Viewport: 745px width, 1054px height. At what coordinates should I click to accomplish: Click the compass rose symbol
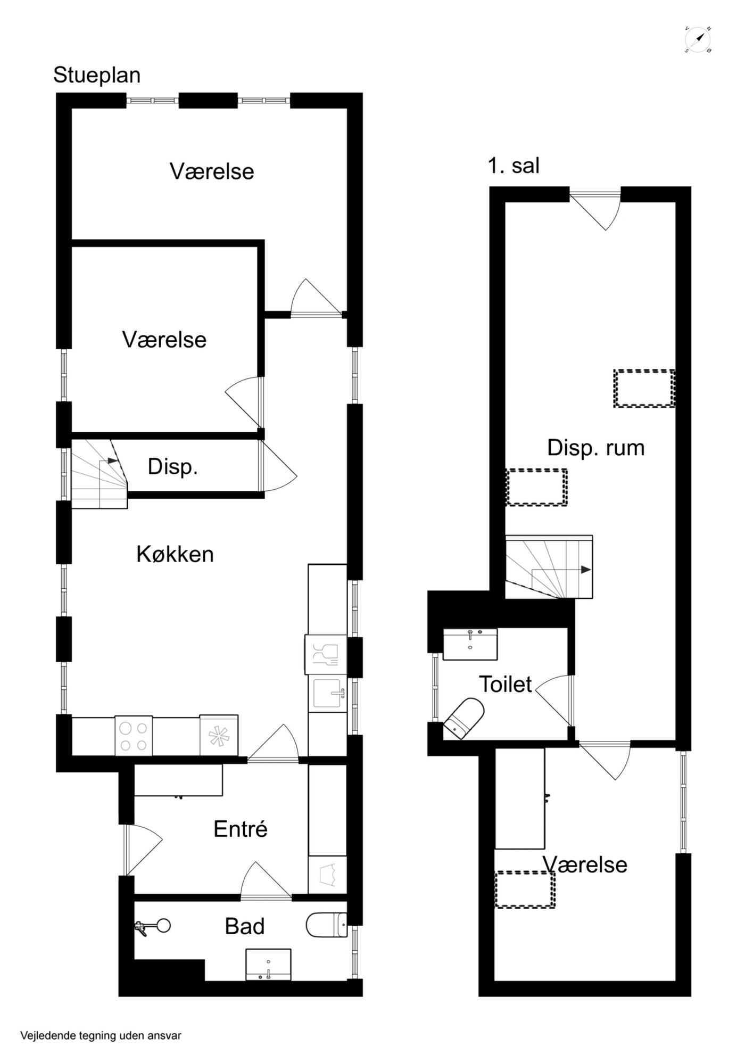698,39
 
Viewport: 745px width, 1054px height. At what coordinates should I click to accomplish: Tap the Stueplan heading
97,75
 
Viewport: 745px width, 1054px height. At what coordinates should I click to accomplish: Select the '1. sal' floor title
514,166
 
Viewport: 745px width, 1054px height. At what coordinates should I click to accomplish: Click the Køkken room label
175,554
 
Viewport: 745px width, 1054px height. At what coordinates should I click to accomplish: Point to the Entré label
241,829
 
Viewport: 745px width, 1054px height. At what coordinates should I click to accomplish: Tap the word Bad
245,926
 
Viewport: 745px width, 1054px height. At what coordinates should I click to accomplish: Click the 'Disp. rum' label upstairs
596,448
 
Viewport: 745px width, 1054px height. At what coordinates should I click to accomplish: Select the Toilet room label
506,685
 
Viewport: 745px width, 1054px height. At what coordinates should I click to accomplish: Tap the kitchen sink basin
327,694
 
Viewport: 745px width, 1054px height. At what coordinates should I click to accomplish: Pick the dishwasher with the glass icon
326,654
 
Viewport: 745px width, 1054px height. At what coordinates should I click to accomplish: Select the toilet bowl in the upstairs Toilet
464,719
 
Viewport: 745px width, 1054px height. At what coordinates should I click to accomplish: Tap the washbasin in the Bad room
268,964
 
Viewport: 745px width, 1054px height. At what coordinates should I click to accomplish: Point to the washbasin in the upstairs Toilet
470,644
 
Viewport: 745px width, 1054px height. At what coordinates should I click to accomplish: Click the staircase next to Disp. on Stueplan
100,474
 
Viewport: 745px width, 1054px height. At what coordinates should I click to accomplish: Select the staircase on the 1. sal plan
549,567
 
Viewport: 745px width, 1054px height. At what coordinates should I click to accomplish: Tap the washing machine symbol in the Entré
327,875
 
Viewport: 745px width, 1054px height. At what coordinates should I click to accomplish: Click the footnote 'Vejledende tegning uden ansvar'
101,1035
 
